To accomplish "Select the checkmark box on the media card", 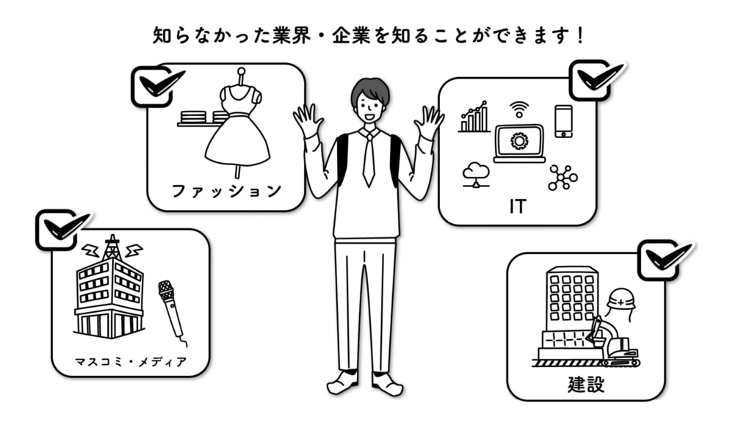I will [x=57, y=230].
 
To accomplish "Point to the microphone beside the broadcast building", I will [x=170, y=308].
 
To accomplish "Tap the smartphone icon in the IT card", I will [x=563, y=120].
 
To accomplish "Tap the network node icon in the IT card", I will [x=563, y=177].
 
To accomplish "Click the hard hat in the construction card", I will [x=621, y=300].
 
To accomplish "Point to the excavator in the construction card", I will [x=614, y=344].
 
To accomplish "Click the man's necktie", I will [x=369, y=157].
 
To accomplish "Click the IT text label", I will [x=518, y=207].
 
